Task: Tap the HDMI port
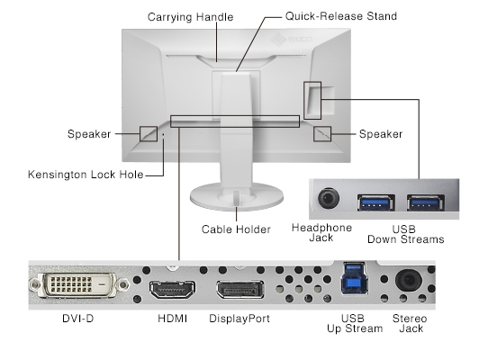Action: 172,291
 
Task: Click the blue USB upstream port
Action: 352,279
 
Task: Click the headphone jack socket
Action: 329,198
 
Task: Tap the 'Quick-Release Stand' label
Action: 328,17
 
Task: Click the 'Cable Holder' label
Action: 236,229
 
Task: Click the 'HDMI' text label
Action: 173,319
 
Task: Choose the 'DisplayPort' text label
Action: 239,319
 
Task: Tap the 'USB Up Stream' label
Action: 355,323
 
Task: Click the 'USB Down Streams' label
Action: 405,233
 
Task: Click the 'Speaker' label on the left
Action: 88,134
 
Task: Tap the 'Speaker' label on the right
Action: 381,134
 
